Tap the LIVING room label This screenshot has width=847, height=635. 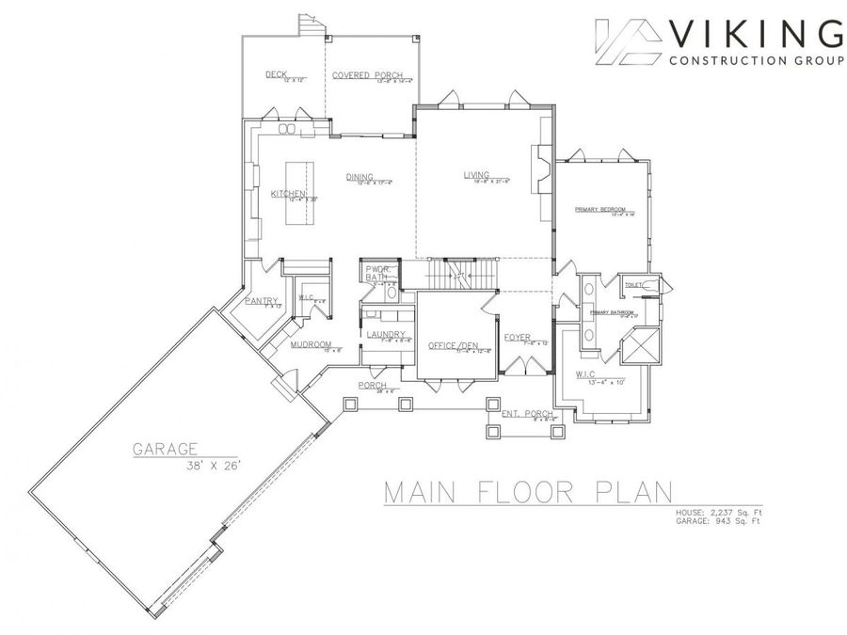[x=476, y=174]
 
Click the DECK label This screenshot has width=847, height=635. [x=275, y=73]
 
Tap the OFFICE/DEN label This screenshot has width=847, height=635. [x=449, y=344]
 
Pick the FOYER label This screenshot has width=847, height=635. [x=517, y=337]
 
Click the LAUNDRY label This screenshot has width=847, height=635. [x=387, y=334]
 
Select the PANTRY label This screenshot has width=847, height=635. [x=259, y=301]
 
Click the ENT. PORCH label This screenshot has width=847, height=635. [x=527, y=413]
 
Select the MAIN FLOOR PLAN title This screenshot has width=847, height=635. [x=527, y=492]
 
